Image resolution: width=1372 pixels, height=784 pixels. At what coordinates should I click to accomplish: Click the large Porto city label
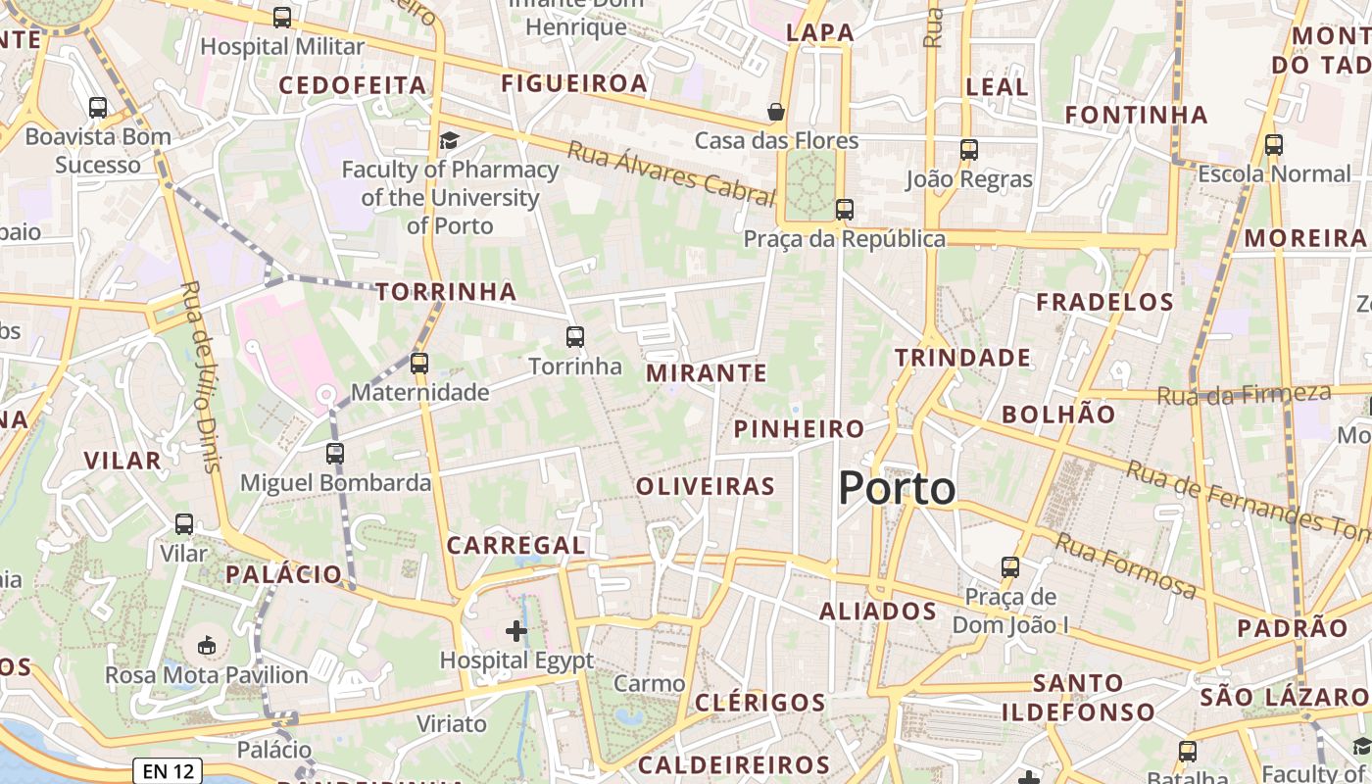tap(897, 488)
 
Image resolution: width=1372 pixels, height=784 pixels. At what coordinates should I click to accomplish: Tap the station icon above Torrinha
tap(575, 337)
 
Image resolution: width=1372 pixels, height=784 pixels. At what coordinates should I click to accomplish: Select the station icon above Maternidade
tap(419, 364)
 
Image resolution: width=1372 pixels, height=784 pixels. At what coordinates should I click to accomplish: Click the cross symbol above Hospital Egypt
tap(516, 631)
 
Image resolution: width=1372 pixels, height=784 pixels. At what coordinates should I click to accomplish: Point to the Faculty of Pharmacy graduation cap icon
tap(449, 140)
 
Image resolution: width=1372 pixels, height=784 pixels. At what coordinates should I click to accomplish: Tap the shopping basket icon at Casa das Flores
tap(776, 112)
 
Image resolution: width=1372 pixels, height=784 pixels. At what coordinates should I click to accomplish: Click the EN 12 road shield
tap(168, 771)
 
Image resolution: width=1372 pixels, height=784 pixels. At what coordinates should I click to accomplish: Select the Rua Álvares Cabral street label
tap(671, 172)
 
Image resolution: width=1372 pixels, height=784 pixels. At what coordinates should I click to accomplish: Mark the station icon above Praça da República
tap(844, 209)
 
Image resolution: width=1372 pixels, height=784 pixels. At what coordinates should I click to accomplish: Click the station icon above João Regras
tap(969, 150)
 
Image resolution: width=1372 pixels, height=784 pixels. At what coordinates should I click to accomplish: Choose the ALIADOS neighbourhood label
tap(878, 612)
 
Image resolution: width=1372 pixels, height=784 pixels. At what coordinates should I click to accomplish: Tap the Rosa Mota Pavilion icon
tap(207, 645)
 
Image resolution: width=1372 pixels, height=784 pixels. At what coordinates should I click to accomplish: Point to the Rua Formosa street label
tap(1126, 565)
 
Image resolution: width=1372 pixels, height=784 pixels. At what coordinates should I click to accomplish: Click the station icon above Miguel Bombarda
tap(335, 454)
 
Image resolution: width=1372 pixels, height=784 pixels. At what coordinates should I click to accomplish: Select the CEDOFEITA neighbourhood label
tap(353, 85)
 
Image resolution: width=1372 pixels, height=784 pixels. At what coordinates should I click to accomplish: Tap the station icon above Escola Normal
tap(1274, 145)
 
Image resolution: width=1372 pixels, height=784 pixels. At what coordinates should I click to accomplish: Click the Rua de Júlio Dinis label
tap(202, 377)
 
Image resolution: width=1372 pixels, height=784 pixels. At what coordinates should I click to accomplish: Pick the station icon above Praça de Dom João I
tap(1010, 566)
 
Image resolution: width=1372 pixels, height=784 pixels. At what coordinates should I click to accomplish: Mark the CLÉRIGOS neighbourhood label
tap(760, 703)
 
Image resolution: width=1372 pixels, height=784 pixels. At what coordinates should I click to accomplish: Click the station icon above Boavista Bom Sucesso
tap(98, 108)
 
